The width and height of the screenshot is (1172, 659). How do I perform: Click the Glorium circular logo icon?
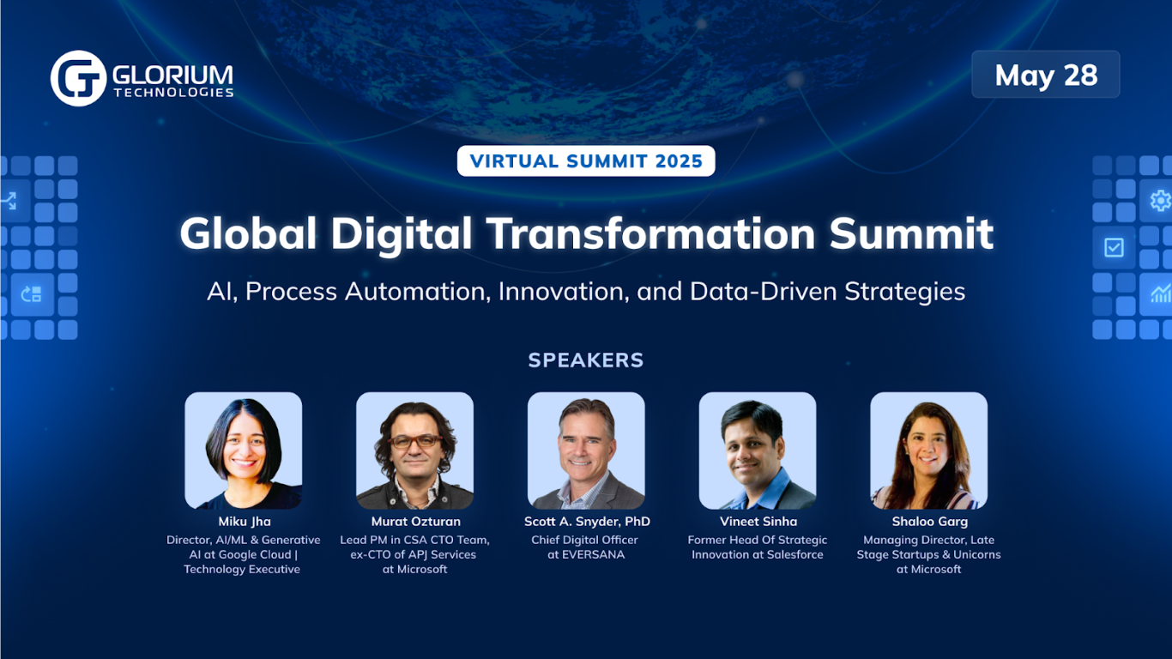pos(78,78)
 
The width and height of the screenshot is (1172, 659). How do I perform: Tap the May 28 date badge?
pos(1045,75)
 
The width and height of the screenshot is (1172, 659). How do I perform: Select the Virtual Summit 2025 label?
pos(586,160)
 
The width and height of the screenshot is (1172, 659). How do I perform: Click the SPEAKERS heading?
pos(586,360)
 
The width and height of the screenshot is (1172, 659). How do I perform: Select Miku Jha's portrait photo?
pos(244,450)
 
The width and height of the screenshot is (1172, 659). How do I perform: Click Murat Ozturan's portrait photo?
pos(415,450)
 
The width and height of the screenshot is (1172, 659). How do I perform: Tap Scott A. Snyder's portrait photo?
pos(586,450)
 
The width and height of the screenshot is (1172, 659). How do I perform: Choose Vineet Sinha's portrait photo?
pos(758,450)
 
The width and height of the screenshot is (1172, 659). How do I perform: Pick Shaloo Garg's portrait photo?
pos(928,450)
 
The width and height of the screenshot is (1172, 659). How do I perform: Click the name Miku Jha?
pos(244,522)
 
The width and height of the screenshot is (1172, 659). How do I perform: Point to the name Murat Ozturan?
pos(415,522)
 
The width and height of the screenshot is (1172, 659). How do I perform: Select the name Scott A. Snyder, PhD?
pos(587,522)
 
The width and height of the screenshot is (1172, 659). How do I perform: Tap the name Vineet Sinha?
pos(758,522)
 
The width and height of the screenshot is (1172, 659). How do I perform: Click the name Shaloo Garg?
pos(929,522)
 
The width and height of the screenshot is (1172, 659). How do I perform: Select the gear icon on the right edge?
pos(1160,201)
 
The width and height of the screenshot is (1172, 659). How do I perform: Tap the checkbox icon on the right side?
pos(1114,248)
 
